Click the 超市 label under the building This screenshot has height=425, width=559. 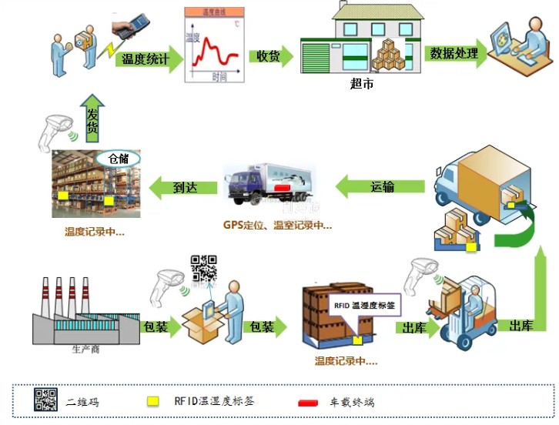pyautogui.click(x=361, y=84)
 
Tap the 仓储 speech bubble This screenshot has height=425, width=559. pyautogui.click(x=118, y=159)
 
